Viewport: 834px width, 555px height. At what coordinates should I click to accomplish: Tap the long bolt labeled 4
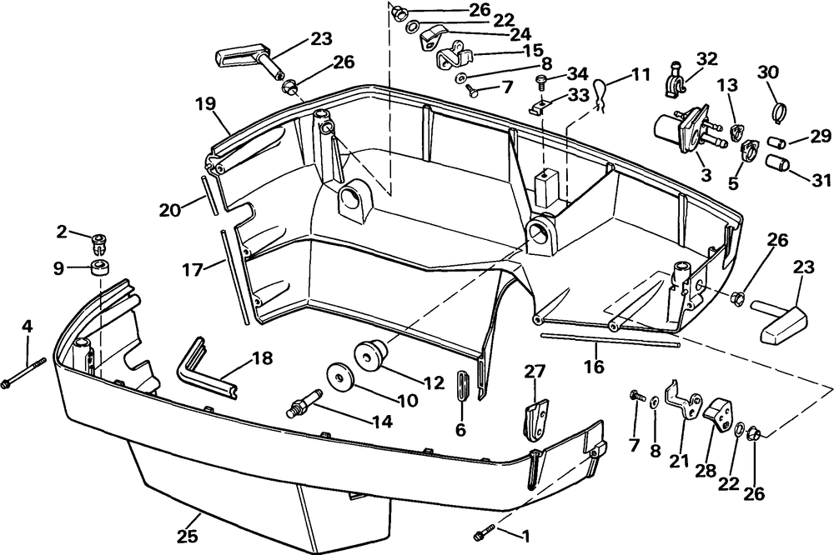[24, 372]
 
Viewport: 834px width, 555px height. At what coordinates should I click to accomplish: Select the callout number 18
[261, 358]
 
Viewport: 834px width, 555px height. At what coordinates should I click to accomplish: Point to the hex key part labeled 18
[206, 368]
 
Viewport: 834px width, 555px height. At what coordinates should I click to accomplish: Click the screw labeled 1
[484, 532]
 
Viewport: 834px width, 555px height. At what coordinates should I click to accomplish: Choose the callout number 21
[679, 461]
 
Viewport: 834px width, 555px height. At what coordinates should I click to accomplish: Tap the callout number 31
[821, 180]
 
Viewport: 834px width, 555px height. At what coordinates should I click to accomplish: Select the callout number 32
[707, 58]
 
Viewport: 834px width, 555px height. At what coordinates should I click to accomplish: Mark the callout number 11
[641, 74]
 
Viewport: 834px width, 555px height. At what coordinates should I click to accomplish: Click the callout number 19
[206, 103]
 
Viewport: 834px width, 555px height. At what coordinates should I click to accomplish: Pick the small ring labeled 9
[99, 268]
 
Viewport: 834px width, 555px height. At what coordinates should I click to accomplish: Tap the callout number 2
[63, 232]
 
